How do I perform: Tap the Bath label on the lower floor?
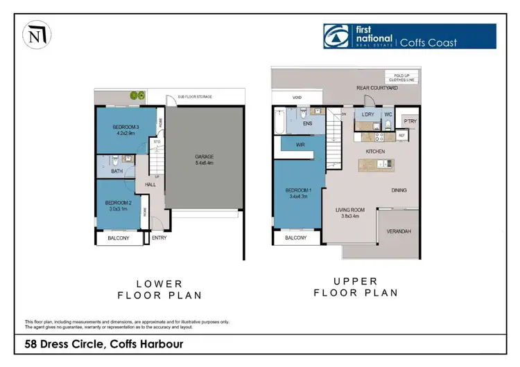tap(117, 170)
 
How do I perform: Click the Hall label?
tap(150, 185)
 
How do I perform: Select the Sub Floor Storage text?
tap(194, 97)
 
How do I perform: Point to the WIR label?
tap(300, 145)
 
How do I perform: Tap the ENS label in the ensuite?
tap(308, 124)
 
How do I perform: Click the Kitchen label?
tap(375, 151)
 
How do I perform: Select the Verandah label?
tap(398, 231)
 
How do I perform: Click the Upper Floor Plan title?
tap(356, 287)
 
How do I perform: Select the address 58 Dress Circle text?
tap(104, 343)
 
